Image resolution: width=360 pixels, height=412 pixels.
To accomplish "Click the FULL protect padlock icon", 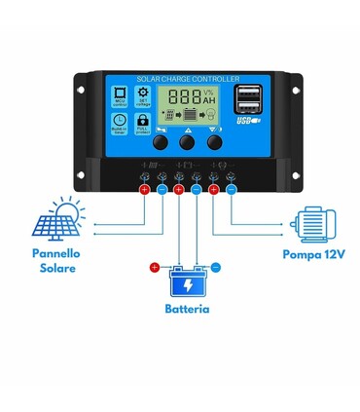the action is (142, 122).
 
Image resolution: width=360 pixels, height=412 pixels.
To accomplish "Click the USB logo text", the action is (242, 123).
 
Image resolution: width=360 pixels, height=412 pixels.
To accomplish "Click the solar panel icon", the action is (59, 219).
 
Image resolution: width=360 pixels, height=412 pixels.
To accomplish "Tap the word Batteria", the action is (187, 309).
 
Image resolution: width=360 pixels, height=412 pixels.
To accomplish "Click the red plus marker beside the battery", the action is (154, 267).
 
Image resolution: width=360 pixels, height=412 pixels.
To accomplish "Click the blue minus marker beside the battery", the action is (216, 267).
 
